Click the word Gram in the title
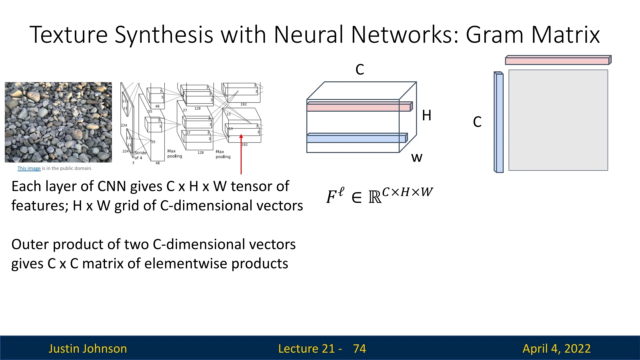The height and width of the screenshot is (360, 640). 494,35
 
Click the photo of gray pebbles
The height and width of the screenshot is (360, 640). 58,122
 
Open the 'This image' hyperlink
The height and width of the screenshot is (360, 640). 29,168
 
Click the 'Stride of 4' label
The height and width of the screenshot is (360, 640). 140,155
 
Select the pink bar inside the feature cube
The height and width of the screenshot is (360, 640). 359,107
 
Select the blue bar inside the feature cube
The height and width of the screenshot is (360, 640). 356,138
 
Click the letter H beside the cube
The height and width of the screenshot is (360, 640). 426,116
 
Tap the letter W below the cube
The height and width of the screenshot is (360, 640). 417,157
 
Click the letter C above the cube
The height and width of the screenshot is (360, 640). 360,70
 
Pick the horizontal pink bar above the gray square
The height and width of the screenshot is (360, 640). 557,61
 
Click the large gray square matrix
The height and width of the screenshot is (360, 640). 558,120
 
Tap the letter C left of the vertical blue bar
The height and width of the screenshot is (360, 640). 477,122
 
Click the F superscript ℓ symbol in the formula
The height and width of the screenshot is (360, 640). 335,196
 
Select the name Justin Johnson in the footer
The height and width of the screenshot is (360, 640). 88,349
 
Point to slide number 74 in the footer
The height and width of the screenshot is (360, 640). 359,349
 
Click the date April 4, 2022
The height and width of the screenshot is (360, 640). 556,349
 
